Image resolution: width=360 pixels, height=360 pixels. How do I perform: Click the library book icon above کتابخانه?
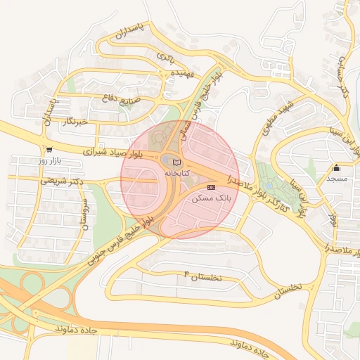point(176,162)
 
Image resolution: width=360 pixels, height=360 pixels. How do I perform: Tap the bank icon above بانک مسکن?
point(212,187)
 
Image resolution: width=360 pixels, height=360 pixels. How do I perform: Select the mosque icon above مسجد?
point(336,168)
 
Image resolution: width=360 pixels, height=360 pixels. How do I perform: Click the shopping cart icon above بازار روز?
point(49,150)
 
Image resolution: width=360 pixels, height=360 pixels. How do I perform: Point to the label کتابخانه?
point(176,172)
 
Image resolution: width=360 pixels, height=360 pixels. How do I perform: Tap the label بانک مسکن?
point(211,199)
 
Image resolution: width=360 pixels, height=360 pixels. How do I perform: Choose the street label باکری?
point(165,56)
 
